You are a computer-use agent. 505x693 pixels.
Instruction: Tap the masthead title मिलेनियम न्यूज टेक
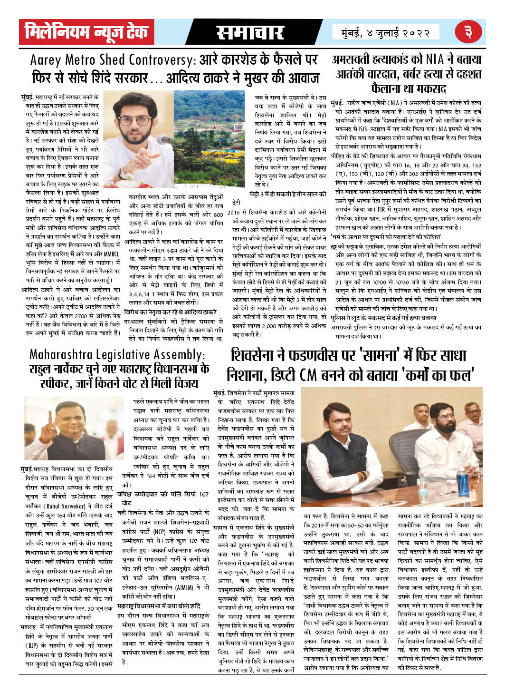point(86,32)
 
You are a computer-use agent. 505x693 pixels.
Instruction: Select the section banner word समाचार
point(250,32)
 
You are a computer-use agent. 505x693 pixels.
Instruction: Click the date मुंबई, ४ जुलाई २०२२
point(385,33)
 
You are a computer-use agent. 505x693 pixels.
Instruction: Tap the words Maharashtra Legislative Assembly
point(117,355)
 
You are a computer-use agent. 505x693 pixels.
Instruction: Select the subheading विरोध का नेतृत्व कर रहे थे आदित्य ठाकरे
point(170,312)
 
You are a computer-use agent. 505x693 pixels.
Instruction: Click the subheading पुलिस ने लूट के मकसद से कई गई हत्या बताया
point(383,317)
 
